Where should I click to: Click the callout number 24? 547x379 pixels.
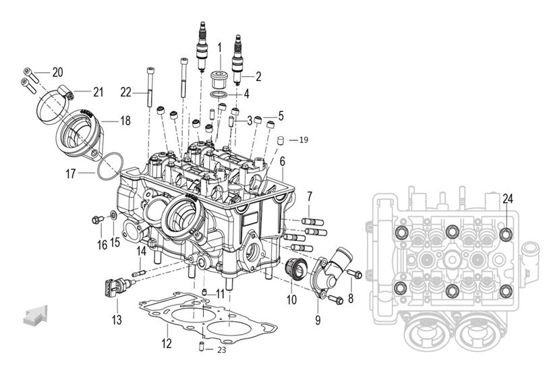pos(507,199)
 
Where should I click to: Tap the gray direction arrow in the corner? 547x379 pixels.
pos(36,315)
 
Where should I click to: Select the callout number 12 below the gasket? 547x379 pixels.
pos(166,343)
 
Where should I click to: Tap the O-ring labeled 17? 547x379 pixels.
pos(109,166)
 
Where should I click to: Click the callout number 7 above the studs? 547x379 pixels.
pos(309,196)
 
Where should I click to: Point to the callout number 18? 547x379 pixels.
pos(125,120)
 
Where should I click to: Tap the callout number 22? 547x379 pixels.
pos(125,92)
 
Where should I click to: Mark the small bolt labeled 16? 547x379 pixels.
pos(98,219)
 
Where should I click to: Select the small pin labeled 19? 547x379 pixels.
pos(277,140)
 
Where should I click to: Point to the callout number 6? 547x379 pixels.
pos(282,161)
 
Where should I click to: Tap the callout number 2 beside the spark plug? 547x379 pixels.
pos(258,76)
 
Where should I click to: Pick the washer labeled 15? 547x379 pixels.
pos(113,216)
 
